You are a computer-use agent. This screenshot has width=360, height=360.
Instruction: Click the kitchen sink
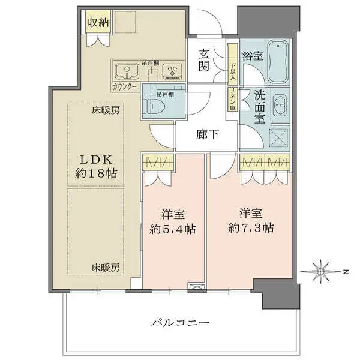tap(127, 73)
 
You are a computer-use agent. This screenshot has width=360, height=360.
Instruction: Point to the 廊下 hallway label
tap(207, 134)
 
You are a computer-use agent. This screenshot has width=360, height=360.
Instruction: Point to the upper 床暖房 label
tap(106, 111)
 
